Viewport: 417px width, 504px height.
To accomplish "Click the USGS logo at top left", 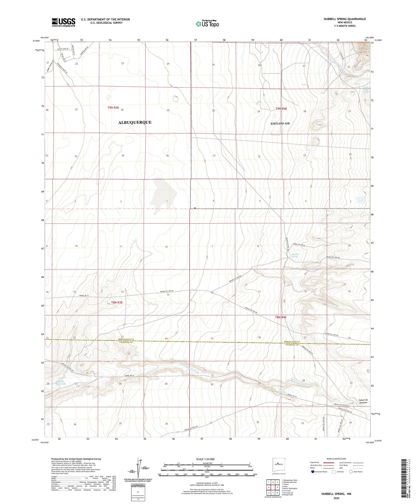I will point(63,22).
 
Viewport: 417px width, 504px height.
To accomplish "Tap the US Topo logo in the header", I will point(207,24).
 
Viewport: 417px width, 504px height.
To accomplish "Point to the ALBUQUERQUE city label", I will point(135,122).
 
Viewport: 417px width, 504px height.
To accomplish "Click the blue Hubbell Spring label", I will point(295,255).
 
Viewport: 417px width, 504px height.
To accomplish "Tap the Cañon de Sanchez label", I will point(363,401).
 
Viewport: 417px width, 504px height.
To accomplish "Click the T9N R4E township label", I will point(281,109).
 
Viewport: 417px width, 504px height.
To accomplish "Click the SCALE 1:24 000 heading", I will point(205,459).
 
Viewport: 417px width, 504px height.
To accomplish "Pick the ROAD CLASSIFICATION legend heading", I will point(336,459).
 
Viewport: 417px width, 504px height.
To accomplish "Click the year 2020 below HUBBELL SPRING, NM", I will point(336,498).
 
